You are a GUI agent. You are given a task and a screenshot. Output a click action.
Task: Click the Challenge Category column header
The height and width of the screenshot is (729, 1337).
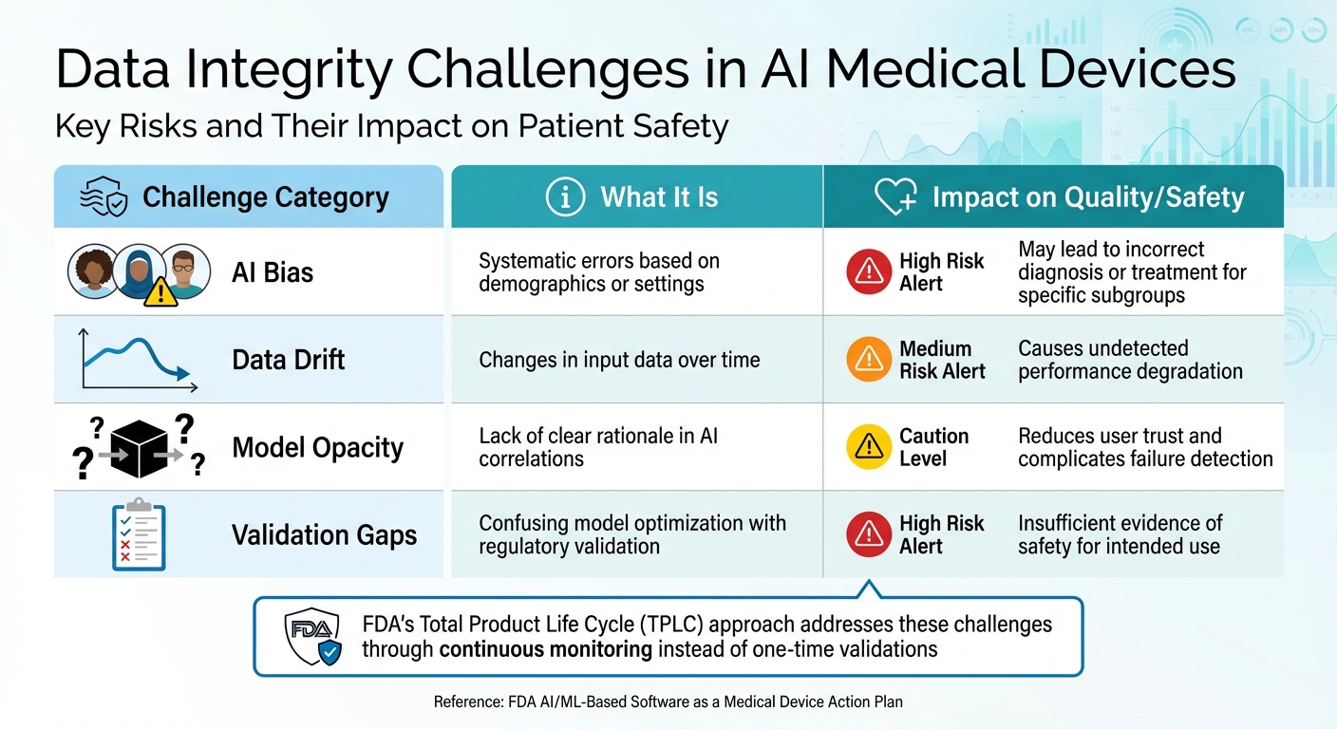tap(265, 197)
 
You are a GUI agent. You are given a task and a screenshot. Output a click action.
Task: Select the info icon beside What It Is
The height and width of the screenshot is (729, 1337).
tap(566, 197)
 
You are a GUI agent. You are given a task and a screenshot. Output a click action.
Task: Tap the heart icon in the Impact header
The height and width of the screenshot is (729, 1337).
tap(894, 197)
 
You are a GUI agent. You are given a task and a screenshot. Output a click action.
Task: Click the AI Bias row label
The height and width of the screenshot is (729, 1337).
tap(273, 272)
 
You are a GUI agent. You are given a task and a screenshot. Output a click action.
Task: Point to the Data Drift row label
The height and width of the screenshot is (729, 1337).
tap(289, 360)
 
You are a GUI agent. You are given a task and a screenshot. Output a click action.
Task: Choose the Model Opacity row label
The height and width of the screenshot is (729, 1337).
tap(317, 447)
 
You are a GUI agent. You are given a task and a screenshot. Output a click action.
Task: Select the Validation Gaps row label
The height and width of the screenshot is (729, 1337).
tap(324, 534)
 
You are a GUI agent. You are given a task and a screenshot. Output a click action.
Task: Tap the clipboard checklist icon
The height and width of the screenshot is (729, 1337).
tap(138, 534)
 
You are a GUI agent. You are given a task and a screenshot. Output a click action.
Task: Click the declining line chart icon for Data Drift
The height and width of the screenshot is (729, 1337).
tap(139, 360)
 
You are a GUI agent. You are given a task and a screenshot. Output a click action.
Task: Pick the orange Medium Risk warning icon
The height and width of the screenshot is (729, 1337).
tap(868, 360)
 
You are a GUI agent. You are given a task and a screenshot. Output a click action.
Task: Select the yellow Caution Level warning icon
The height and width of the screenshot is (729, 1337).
tap(868, 447)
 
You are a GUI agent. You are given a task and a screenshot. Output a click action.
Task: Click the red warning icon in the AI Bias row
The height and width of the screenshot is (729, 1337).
tap(868, 272)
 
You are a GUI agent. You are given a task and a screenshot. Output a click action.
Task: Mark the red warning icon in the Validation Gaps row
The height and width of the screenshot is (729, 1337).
tap(868, 534)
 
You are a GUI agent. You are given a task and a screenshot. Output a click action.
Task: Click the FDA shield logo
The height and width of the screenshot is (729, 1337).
tap(312, 637)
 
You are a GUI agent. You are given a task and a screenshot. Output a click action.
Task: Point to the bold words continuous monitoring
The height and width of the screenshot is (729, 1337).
tap(545, 649)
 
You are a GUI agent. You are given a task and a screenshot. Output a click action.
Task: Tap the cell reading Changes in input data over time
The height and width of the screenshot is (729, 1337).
tap(619, 360)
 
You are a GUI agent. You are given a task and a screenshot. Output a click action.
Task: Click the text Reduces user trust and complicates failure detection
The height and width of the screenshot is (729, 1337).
tap(1144, 447)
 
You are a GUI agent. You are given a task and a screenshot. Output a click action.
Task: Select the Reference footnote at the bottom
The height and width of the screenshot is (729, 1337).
tap(668, 702)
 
